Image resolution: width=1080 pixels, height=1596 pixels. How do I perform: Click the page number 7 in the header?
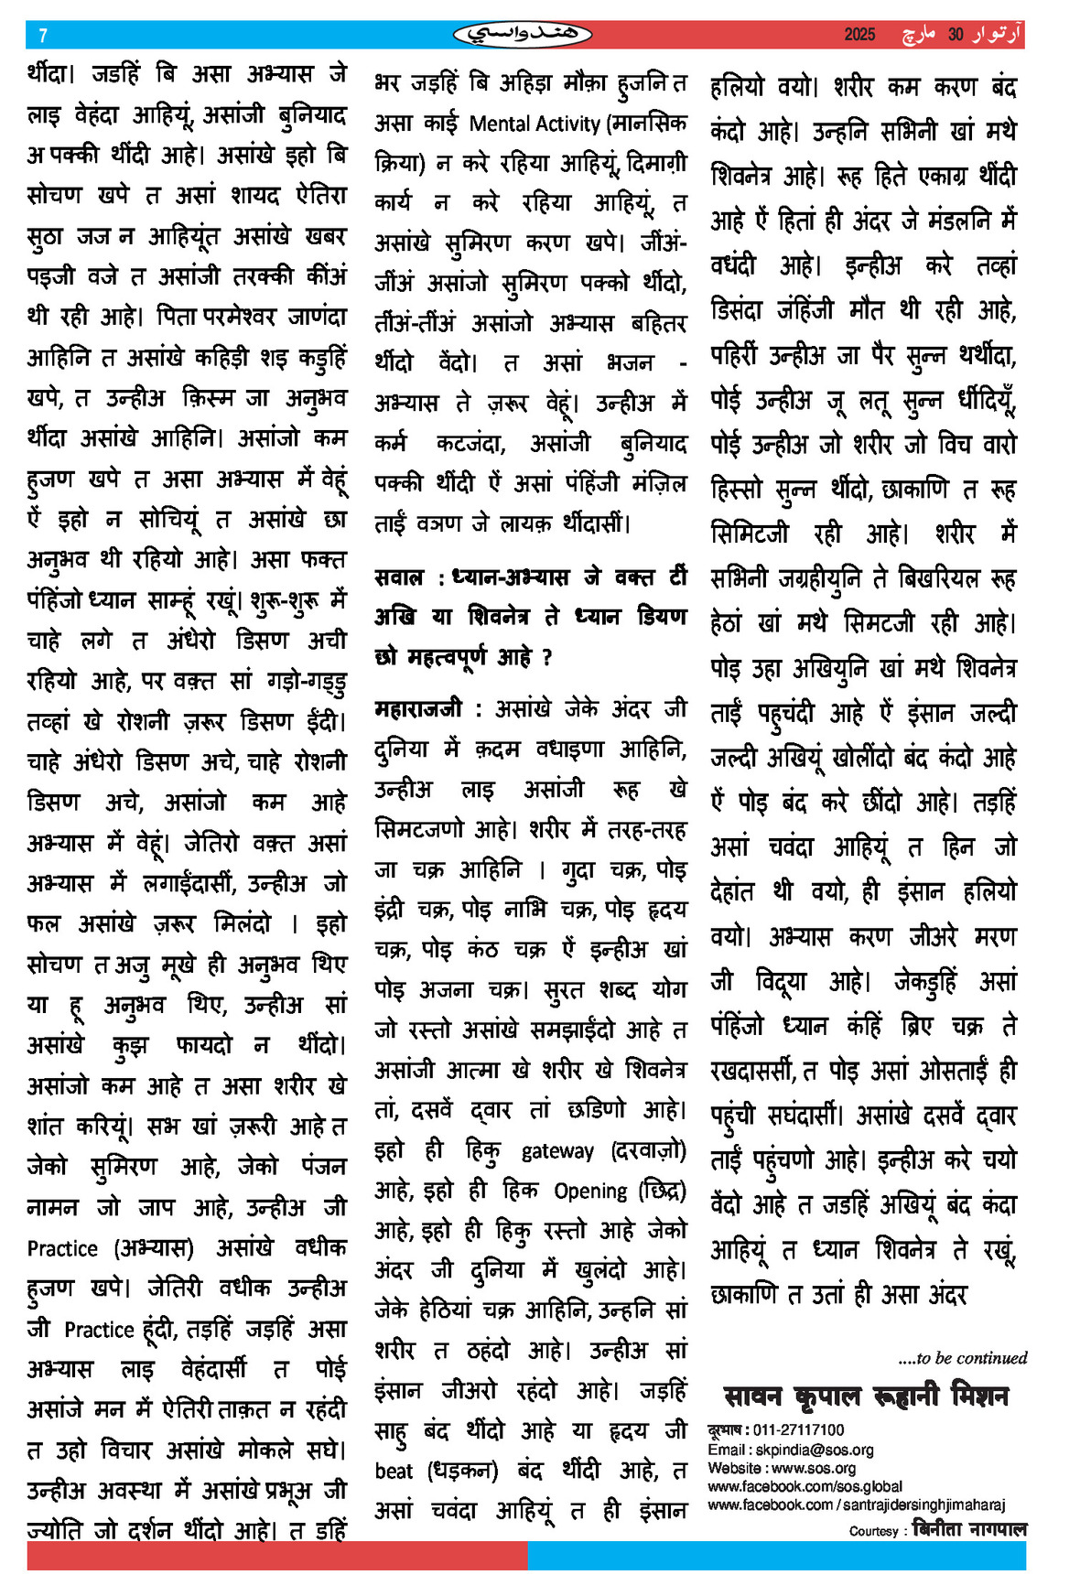(43, 36)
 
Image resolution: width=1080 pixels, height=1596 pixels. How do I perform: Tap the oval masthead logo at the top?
(523, 35)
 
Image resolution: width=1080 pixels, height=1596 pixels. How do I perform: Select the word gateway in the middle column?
(557, 1151)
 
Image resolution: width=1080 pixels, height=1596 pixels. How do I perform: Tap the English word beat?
(394, 1471)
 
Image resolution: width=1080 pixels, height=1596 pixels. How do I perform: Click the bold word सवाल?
(399, 577)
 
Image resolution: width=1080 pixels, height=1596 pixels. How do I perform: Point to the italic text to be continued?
(962, 1358)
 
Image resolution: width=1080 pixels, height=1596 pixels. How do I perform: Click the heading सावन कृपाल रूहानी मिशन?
(865, 1396)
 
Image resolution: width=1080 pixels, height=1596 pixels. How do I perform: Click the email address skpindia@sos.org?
(814, 1450)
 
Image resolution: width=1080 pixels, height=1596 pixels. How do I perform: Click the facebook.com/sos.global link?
(805, 1486)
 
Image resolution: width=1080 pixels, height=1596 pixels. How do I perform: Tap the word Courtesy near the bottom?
(873, 1531)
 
